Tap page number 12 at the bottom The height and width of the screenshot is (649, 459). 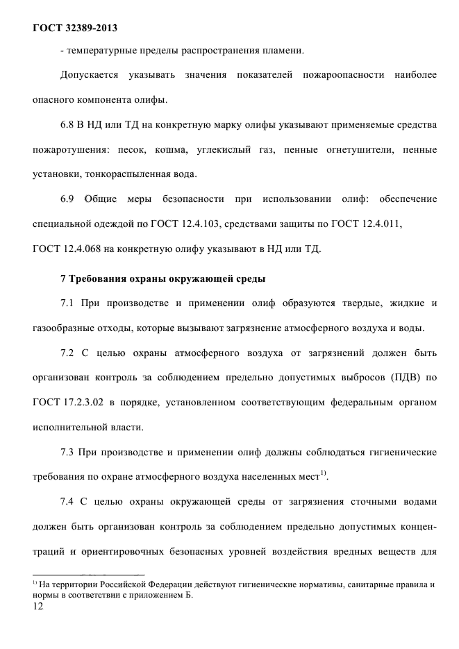pyautogui.click(x=38, y=608)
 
